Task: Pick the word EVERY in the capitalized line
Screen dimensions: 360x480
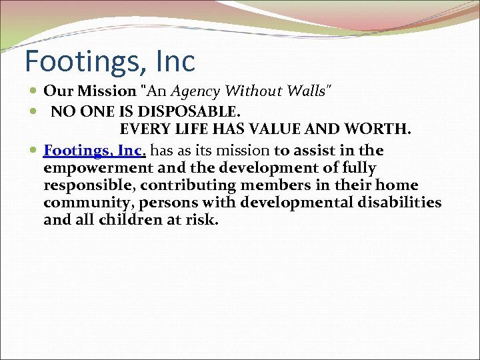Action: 142,129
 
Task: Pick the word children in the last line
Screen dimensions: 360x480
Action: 130,219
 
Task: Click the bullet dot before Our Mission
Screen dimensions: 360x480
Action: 34,91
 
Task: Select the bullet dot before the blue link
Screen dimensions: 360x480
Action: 34,151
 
